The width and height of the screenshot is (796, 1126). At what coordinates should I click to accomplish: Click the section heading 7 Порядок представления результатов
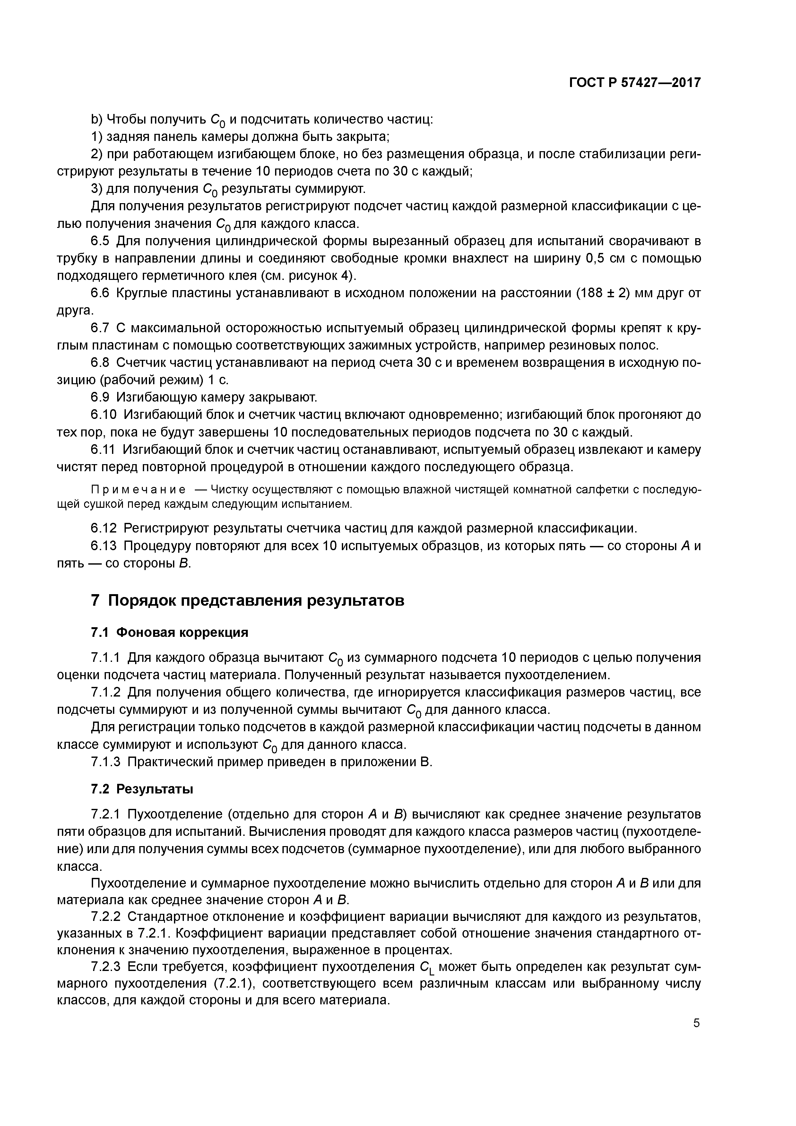(x=248, y=600)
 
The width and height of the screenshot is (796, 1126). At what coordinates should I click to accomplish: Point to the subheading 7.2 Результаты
(x=142, y=789)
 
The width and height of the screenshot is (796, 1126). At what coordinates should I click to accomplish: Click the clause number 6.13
(x=104, y=546)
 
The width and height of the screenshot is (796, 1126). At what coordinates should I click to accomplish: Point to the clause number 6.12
(x=104, y=528)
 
